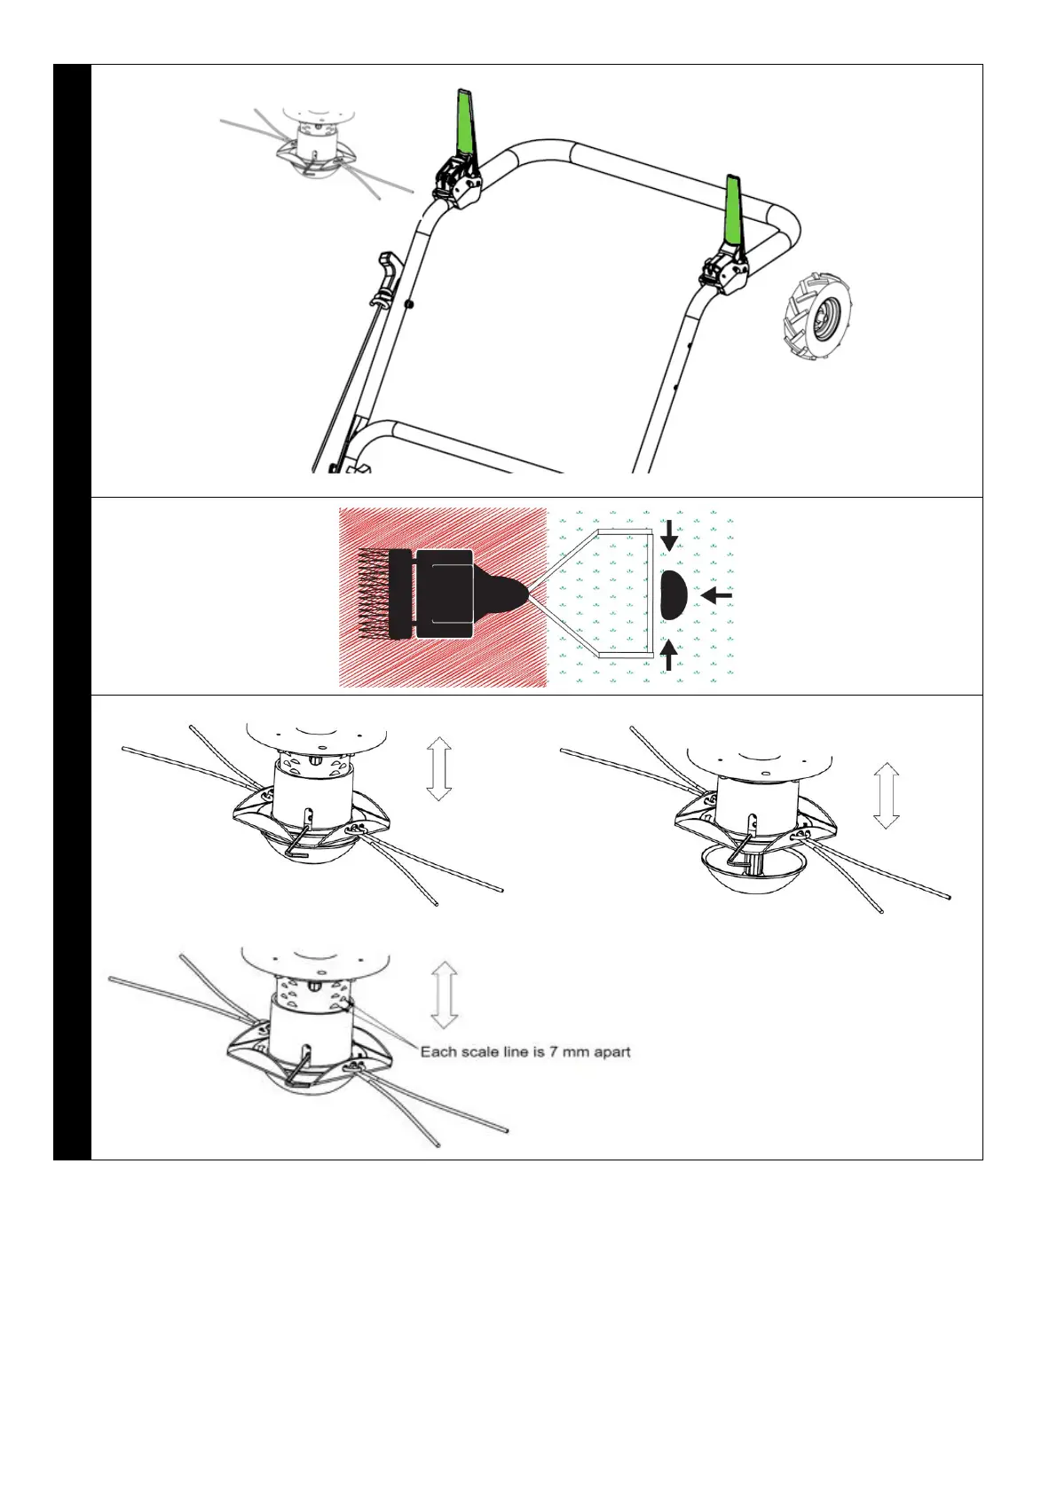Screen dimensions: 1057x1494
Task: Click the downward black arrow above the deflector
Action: click(x=669, y=535)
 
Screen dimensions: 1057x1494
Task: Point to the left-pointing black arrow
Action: click(x=716, y=595)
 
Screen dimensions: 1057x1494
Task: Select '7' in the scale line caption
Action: click(x=553, y=1052)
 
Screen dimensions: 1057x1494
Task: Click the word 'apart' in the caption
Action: click(x=612, y=1052)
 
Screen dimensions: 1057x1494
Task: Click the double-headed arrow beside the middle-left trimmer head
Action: click(x=439, y=768)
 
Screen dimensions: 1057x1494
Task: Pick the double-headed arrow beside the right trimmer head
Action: click(x=887, y=796)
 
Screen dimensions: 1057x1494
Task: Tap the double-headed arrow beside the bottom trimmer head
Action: click(x=444, y=995)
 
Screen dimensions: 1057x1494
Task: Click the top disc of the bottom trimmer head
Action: click(x=315, y=962)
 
